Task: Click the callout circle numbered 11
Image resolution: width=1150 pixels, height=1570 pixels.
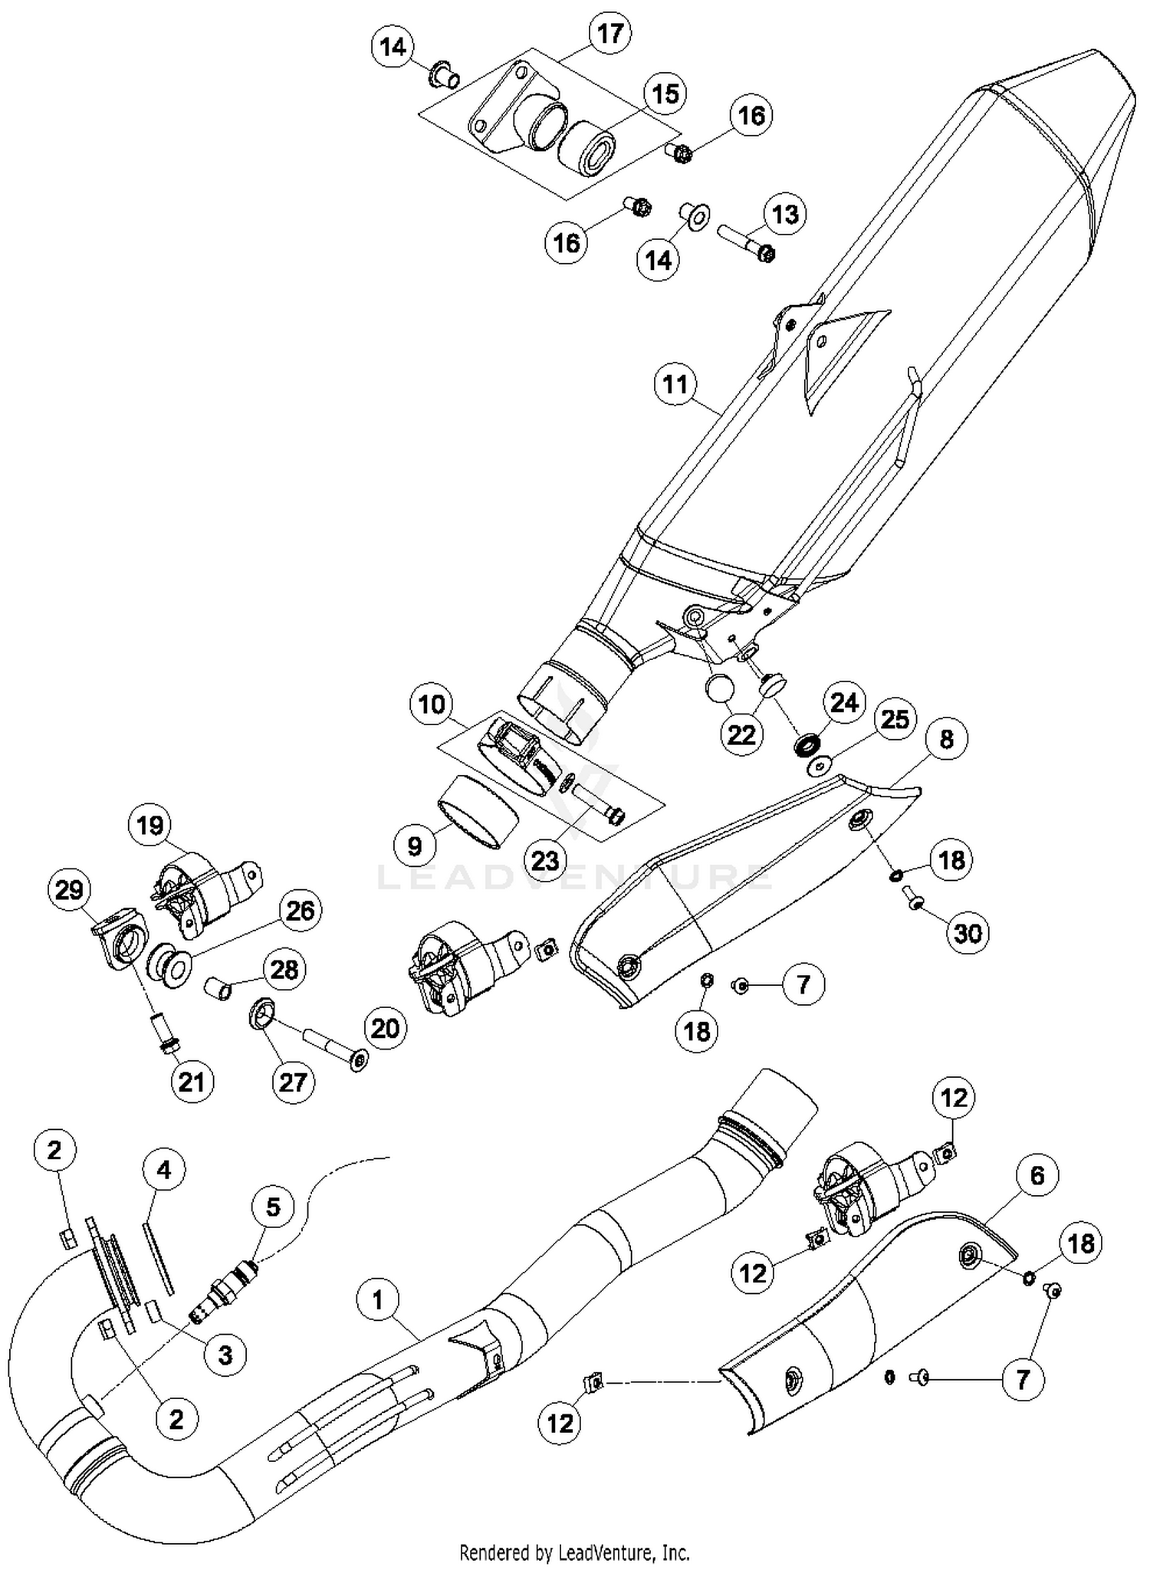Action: (x=675, y=383)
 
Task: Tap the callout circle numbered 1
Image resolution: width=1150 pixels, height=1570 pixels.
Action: (x=378, y=1299)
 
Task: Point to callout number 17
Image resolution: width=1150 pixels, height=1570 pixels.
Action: (x=609, y=35)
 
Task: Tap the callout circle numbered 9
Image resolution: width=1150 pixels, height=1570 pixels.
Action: (x=414, y=846)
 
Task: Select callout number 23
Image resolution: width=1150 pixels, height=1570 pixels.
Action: (x=544, y=860)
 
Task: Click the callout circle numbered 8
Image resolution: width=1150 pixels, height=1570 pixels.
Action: (x=947, y=739)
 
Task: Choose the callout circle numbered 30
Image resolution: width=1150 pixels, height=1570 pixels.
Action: (x=968, y=933)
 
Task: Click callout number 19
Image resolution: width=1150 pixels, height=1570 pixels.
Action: (x=150, y=825)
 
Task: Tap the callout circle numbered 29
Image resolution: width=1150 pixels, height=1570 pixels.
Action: (x=69, y=890)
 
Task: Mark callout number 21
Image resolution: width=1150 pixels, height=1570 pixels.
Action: (x=191, y=1082)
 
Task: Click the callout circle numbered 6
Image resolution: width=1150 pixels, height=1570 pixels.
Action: (x=1037, y=1175)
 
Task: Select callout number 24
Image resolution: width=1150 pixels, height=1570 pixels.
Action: (x=844, y=702)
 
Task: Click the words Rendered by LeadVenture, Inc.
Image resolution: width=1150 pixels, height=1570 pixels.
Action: (x=574, y=1552)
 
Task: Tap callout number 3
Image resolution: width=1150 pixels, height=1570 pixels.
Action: (x=225, y=1355)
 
